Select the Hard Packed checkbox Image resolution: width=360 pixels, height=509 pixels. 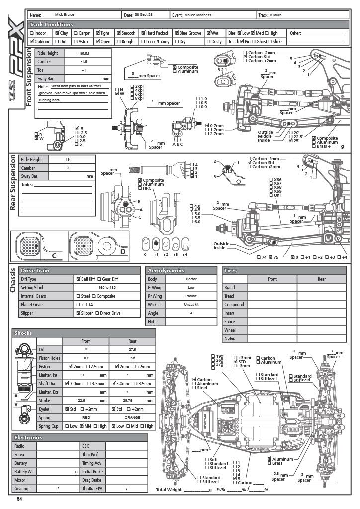pyautogui.click(x=143, y=33)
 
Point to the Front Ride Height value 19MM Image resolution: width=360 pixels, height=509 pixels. pyautogui.click(x=84, y=52)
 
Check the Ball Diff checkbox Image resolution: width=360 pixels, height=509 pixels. pyautogui.click(x=78, y=279)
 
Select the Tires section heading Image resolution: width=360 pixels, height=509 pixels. pyautogui.click(x=231, y=271)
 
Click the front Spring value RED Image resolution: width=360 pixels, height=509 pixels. pyautogui.click(x=86, y=418)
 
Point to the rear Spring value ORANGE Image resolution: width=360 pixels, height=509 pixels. pyautogui.click(x=133, y=418)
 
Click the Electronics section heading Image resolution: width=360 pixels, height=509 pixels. pyautogui.click(x=29, y=437)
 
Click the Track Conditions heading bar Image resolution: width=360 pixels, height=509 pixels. pyautogui.click(x=51, y=24)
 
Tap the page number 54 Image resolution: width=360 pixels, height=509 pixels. pyautogui.click(x=20, y=499)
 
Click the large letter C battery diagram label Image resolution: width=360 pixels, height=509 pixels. pyautogui.click(x=54, y=255)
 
